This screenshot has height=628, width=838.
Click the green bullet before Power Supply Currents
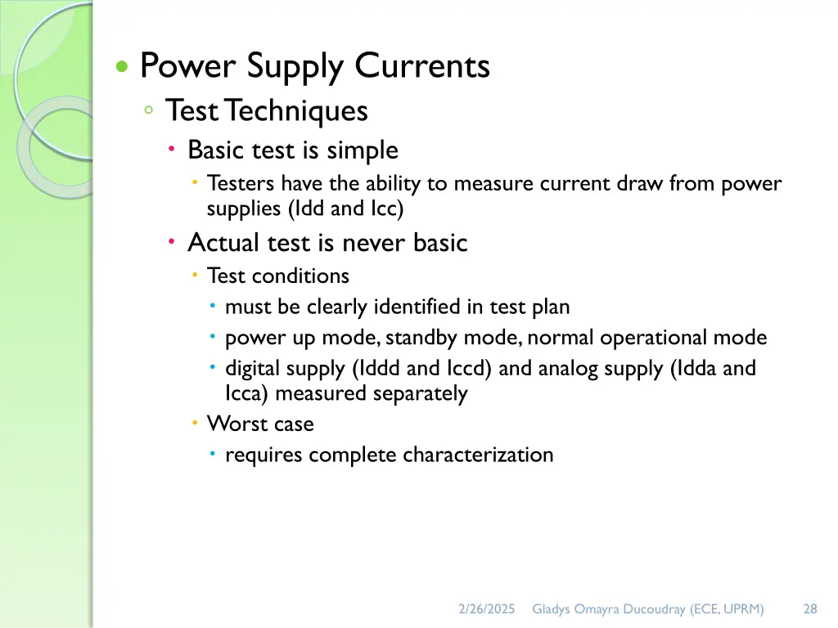click(122, 68)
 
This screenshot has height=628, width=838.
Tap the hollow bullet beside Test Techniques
click(147, 110)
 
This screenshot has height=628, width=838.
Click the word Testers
click(241, 184)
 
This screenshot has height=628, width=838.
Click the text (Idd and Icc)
click(346, 209)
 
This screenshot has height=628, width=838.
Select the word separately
click(420, 393)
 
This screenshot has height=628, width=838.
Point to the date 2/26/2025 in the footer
click(487, 608)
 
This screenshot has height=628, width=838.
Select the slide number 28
click(810, 608)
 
